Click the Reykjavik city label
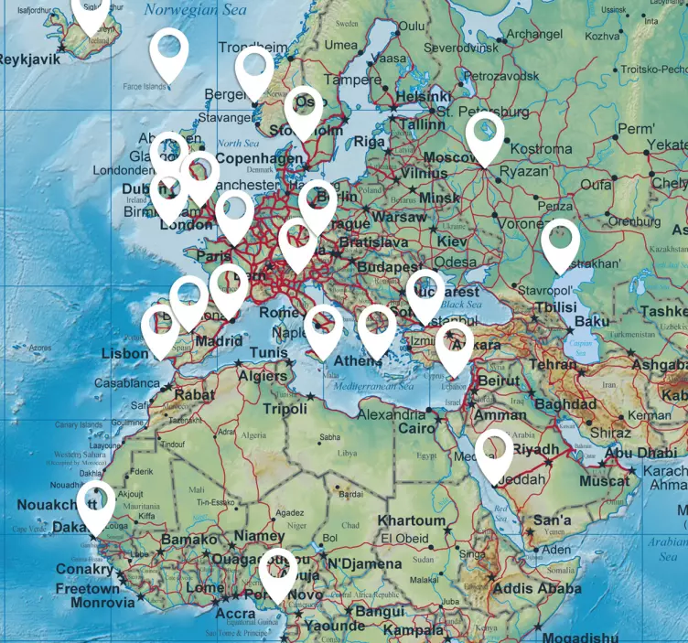pyautogui.click(x=29, y=59)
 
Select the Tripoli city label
pyautogui.click(x=285, y=409)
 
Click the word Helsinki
pyautogui.click(x=424, y=96)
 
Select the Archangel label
pyautogui.click(x=533, y=34)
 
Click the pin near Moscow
pyautogui.click(x=484, y=136)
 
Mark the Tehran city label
pyautogui.click(x=554, y=364)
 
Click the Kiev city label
pyautogui.click(x=452, y=241)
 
